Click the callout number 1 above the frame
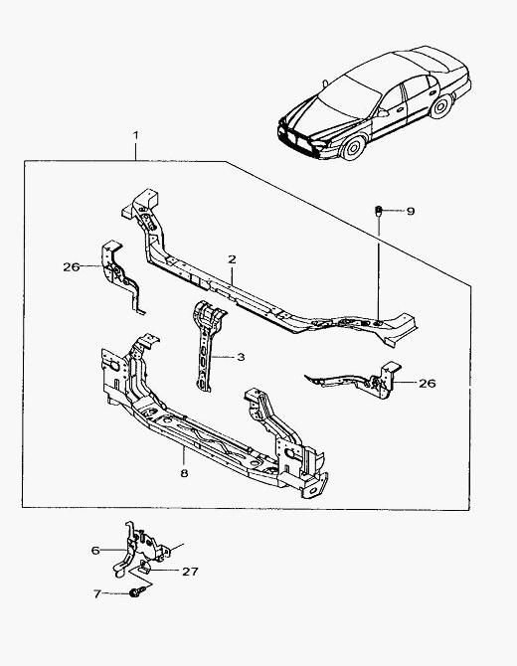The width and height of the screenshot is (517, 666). tap(135, 135)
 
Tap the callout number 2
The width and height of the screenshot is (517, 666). tap(232, 259)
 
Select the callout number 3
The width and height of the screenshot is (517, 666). tap(241, 357)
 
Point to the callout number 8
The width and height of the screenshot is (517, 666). tap(184, 473)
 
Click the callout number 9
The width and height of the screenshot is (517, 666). tap(411, 211)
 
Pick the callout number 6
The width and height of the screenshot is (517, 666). tap(95, 551)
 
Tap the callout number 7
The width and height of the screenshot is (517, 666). tap(97, 593)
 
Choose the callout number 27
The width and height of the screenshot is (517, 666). tap(190, 572)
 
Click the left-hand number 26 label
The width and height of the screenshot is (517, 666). tap(72, 266)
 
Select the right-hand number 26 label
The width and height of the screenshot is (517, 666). tap(428, 383)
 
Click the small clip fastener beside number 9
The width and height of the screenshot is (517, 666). tap(378, 211)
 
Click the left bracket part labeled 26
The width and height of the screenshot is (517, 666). tap(121, 277)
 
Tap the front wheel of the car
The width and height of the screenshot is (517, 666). tap(353, 147)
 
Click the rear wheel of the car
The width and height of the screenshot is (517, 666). tap(441, 106)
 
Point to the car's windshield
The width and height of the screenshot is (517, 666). tap(349, 96)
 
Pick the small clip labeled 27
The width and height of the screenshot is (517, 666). tap(144, 568)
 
